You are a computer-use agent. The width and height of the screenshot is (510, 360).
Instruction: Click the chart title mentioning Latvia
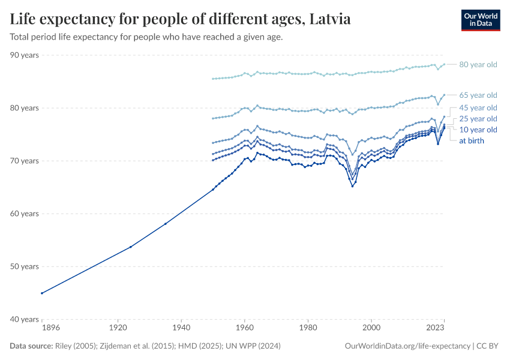[x=180, y=19]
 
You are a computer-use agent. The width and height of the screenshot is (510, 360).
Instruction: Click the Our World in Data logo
[x=480, y=20]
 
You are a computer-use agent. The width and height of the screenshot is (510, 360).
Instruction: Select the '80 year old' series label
[x=478, y=65]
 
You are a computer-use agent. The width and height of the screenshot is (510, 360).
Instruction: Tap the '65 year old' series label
[x=478, y=95]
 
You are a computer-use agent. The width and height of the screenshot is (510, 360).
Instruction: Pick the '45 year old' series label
[x=478, y=108]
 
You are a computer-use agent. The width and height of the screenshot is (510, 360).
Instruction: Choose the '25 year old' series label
[x=478, y=119]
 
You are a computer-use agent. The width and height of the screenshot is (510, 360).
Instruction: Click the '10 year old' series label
[x=478, y=130]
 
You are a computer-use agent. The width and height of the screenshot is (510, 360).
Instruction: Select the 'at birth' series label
[x=471, y=140]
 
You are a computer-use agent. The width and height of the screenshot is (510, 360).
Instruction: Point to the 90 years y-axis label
[x=25, y=55]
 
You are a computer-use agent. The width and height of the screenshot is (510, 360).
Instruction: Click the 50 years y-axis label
[x=25, y=266]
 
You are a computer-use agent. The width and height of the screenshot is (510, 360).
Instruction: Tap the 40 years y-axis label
[x=25, y=319]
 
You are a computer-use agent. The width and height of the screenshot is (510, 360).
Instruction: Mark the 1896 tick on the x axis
[x=42, y=328]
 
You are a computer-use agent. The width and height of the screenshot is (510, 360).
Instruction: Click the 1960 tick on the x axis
[x=244, y=328]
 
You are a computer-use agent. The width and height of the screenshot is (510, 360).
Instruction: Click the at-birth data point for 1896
[x=42, y=293]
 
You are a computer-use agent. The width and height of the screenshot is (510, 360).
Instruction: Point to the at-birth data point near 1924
[x=130, y=247]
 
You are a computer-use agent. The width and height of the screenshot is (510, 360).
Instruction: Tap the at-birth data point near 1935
[x=165, y=224]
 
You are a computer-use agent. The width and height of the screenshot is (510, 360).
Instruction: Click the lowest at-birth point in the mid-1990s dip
[x=352, y=186]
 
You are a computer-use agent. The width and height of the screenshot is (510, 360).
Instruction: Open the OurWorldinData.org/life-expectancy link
[x=408, y=346]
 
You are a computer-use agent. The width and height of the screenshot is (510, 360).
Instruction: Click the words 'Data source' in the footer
[x=31, y=346]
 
